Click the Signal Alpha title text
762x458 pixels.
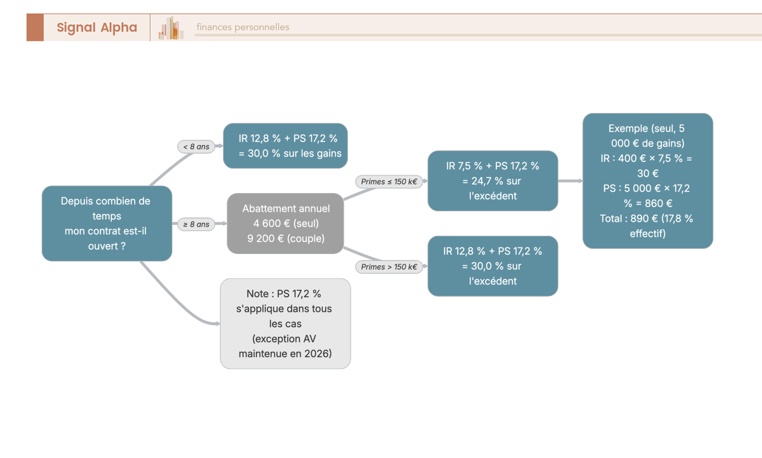coord(97,27)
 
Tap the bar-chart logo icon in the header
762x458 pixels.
coord(171,28)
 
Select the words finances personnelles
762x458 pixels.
coord(243,27)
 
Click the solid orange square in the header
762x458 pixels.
coord(35,27)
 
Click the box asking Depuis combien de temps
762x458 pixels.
coord(107,224)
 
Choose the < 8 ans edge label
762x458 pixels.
coord(196,147)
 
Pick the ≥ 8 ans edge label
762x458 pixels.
coord(196,224)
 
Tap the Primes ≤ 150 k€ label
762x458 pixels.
coord(389,182)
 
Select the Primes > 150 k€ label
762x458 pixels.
coord(389,267)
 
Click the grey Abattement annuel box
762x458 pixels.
coord(285,224)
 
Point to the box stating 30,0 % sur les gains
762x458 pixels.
coord(285,145)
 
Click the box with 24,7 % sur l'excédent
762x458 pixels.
coord(493,180)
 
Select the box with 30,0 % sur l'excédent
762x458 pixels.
coord(493,266)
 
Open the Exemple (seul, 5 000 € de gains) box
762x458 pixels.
coord(648,180)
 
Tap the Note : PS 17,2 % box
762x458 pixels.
coord(285,323)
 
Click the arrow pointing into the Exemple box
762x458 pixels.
coord(570,180)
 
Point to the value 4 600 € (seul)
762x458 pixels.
coord(286,224)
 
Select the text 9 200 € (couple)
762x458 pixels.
coord(286,238)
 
